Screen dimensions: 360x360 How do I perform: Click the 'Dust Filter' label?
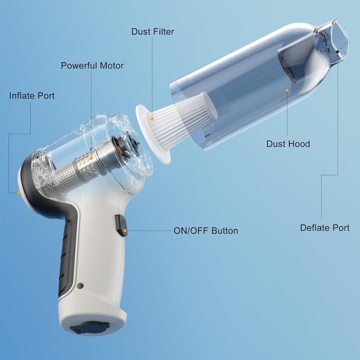point(153,31)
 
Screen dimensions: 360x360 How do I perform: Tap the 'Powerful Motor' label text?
point(92,66)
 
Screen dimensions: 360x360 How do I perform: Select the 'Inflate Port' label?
point(32,96)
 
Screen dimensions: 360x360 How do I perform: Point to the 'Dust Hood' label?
point(288,144)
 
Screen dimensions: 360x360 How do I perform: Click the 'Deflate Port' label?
point(324,228)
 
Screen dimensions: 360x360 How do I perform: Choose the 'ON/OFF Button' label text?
point(206,231)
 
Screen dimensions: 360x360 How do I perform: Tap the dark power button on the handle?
point(121,225)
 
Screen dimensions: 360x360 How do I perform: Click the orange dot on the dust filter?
point(152,119)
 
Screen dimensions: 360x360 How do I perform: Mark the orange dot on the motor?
point(91,158)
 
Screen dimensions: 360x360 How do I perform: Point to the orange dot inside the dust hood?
point(287,90)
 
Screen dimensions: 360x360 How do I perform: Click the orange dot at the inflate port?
point(19,193)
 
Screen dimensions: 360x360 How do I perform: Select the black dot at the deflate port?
point(337,52)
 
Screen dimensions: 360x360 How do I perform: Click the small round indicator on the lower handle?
point(80,286)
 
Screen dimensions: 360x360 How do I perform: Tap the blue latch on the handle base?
point(90,328)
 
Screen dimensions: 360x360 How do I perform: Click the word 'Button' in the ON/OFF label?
point(225,231)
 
